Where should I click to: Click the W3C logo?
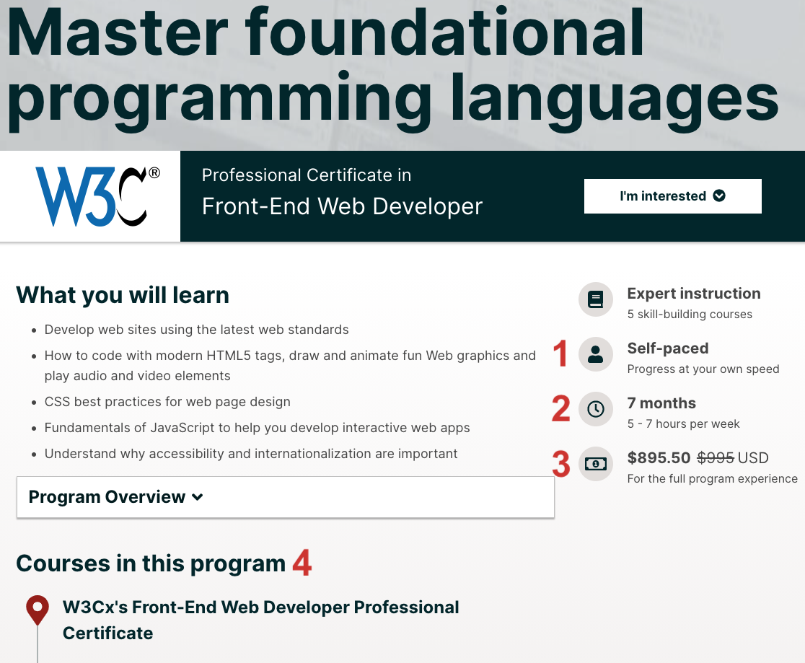(97, 196)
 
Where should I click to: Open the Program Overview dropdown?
(286, 497)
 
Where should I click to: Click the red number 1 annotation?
(560, 354)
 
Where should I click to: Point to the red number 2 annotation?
(560, 408)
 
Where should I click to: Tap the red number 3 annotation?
(560, 464)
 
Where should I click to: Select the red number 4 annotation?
(302, 562)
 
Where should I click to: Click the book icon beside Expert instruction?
(596, 299)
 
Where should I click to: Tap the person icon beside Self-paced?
(596, 354)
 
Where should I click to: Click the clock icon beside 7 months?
(596, 409)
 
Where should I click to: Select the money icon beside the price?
(596, 465)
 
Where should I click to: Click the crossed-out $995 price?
(715, 457)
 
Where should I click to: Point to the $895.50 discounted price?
(659, 457)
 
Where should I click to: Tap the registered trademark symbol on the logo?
(154, 173)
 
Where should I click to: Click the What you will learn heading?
(123, 295)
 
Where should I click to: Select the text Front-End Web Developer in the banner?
(342, 206)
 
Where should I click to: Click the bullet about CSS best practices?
(167, 402)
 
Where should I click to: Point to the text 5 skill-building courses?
(690, 315)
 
